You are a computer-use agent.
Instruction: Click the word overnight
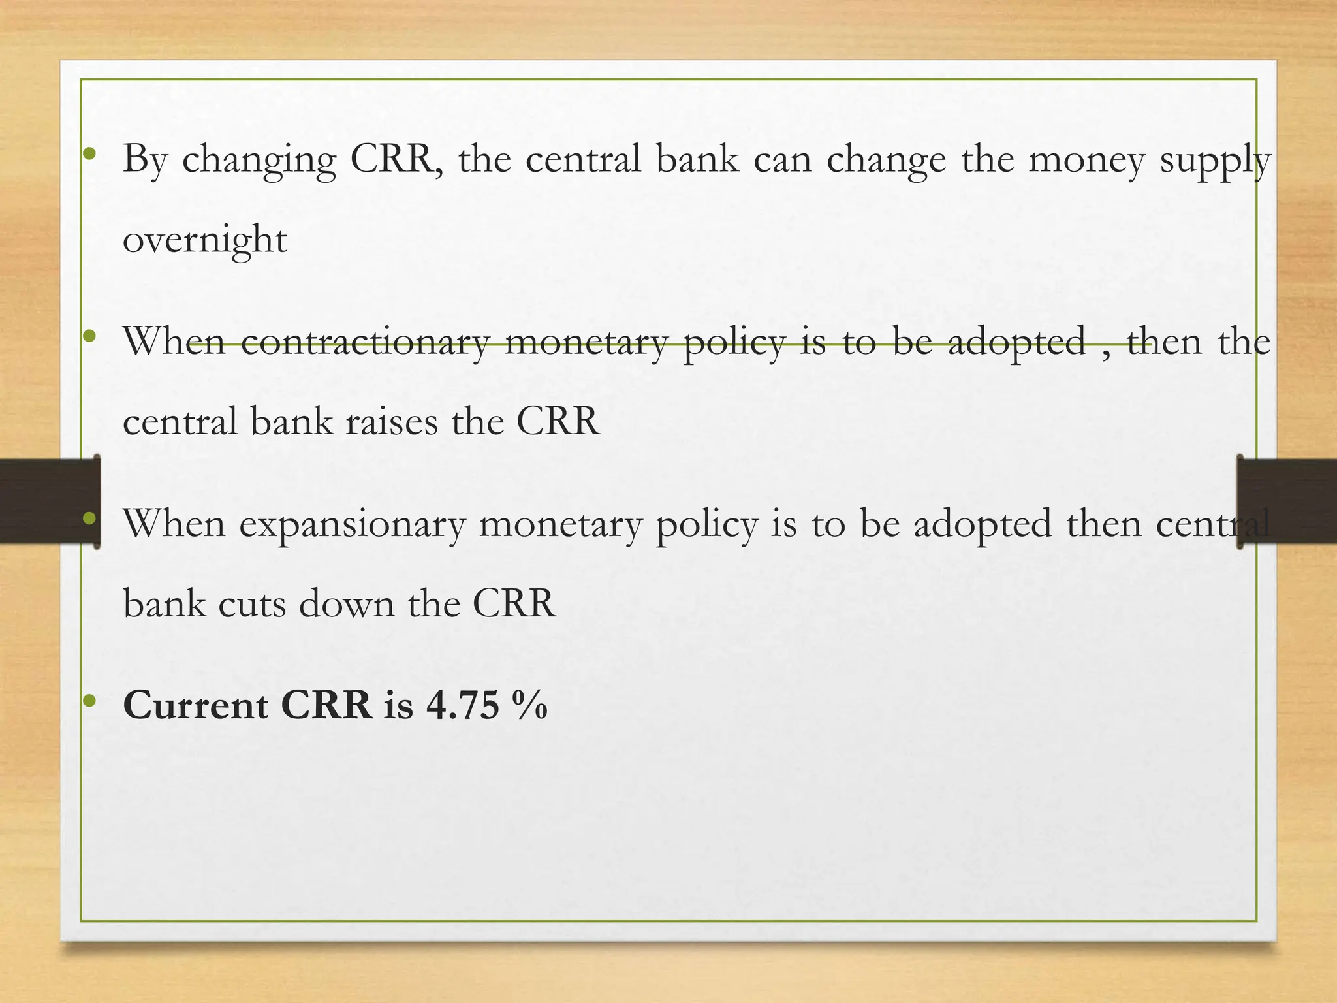205,240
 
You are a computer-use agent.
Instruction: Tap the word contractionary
365,342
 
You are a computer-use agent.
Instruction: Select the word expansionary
353,524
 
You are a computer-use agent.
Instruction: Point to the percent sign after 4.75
529,706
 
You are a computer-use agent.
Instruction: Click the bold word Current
195,706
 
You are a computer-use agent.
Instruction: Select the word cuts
251,603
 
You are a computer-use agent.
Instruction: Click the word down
347,603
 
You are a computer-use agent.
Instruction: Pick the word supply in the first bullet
1215,161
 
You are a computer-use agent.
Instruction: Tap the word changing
259,161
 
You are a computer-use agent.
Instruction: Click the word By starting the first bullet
145,161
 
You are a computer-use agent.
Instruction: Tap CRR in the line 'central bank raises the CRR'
558,421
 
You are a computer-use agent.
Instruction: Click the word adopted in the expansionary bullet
983,524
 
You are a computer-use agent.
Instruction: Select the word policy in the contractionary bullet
734,342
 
